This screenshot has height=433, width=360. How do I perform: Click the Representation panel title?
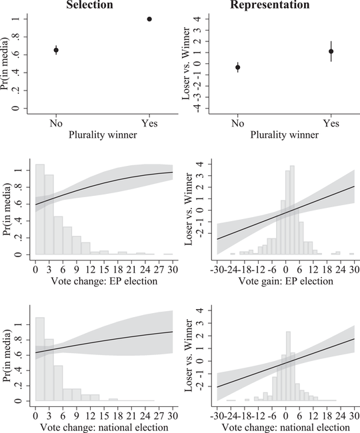275,5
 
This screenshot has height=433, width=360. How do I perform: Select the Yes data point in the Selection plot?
149,19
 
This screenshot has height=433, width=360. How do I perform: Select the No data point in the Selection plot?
56,50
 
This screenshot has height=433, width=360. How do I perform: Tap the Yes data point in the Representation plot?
331,51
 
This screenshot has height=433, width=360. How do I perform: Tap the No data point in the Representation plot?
238,67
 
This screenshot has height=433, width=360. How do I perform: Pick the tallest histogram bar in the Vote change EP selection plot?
40,209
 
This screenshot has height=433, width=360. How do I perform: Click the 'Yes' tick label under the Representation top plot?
331,124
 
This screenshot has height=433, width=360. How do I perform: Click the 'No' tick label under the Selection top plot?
56,124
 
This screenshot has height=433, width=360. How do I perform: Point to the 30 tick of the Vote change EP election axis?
173,269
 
